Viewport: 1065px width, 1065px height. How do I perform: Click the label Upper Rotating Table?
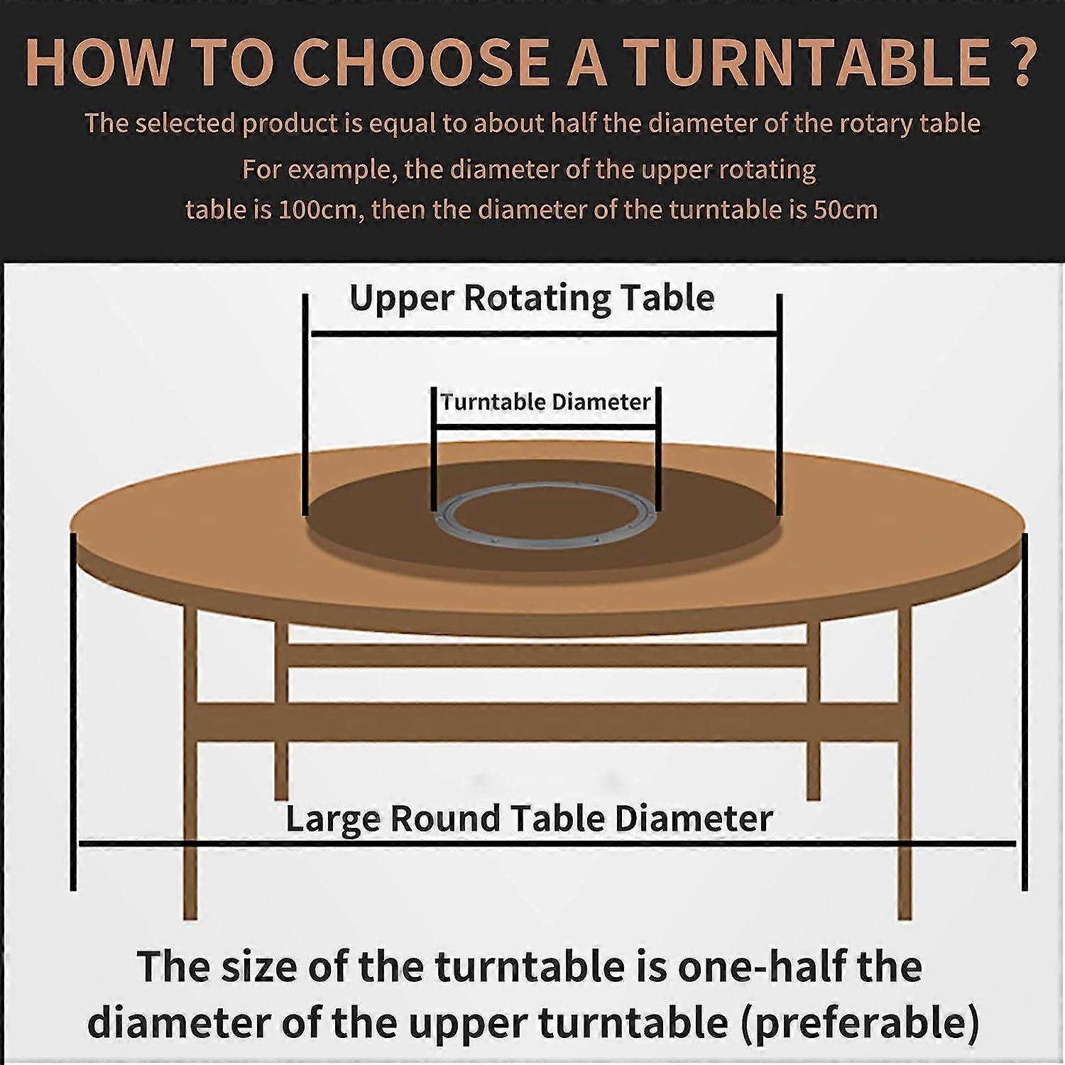(532, 298)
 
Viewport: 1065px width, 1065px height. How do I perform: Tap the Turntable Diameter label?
(545, 403)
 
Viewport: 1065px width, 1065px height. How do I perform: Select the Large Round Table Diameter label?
(529, 819)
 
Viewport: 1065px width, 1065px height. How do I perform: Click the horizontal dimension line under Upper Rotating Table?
(543, 333)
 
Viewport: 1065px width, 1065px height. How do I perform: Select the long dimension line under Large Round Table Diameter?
(547, 843)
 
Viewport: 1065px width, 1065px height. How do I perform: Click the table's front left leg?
(190, 781)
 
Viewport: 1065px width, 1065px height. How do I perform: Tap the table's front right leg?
(904, 781)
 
